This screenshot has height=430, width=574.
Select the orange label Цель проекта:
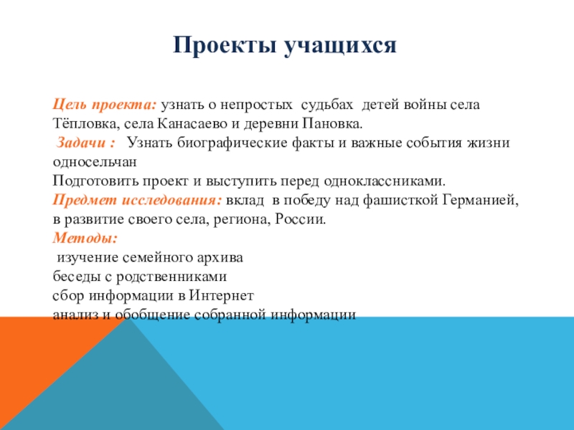(104, 105)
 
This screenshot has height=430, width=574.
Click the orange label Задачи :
(85, 143)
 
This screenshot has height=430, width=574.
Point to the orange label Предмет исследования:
(137, 201)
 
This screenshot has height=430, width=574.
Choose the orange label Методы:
(85, 238)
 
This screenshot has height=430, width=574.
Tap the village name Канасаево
(192, 123)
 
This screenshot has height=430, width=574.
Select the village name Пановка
(332, 123)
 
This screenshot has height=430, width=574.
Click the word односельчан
(95, 162)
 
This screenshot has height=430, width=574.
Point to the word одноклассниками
(385, 181)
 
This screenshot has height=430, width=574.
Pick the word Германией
(481, 201)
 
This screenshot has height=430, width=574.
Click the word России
(300, 219)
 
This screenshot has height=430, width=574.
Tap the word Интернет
(221, 295)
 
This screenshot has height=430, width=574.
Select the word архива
(220, 258)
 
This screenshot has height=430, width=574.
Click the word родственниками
(171, 277)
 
